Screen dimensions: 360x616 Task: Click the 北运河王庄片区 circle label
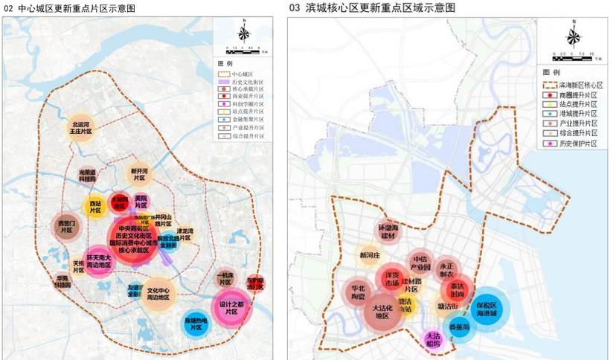click(81, 126)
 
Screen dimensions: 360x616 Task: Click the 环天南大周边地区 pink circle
click(98, 261)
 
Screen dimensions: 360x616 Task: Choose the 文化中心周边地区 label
click(160, 295)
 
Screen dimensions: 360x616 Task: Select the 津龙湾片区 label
click(185, 235)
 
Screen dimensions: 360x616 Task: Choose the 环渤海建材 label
click(388, 231)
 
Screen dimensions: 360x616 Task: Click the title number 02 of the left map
click(10, 7)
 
